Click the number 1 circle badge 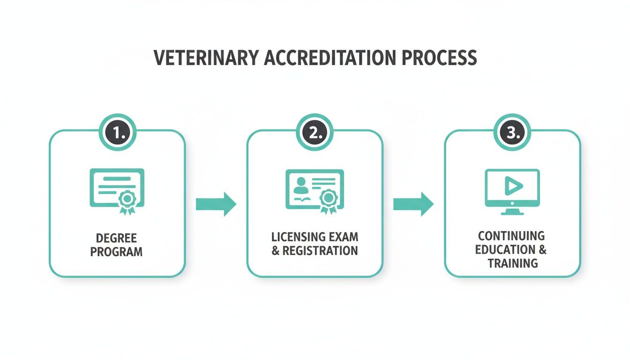[x=117, y=133]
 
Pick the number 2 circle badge [x=315, y=133]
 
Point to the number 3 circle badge [x=512, y=133]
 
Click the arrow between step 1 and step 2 [x=216, y=204]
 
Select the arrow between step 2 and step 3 [x=413, y=204]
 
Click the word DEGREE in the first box [x=117, y=239]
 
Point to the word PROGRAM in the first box [x=117, y=252]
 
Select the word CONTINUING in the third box [x=511, y=236]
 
